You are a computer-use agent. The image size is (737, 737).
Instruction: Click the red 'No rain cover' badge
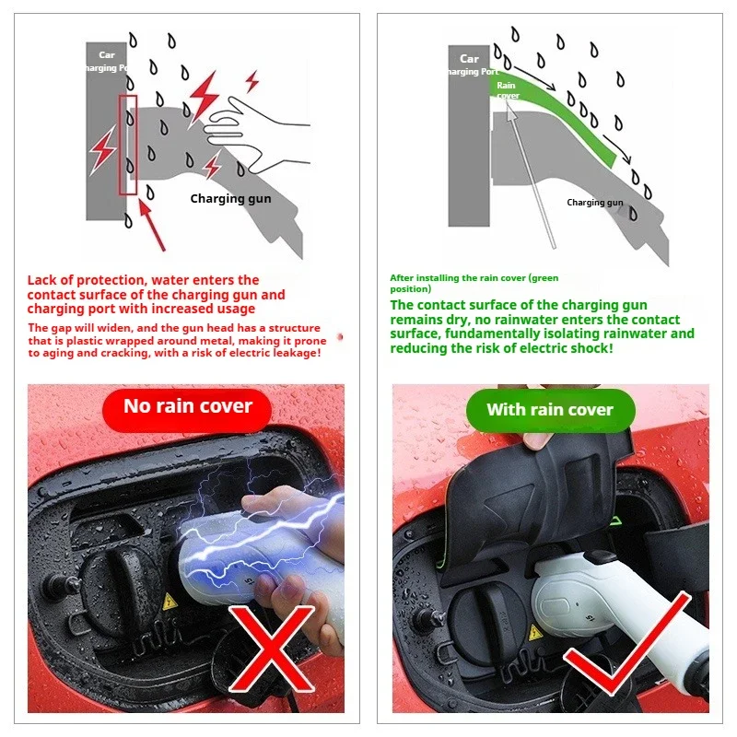click(187, 407)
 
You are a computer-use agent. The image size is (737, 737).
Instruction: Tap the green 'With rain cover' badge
click(550, 410)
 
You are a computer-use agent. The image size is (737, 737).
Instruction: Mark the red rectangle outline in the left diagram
click(127, 144)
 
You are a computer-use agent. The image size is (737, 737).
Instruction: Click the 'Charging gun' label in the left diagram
click(230, 198)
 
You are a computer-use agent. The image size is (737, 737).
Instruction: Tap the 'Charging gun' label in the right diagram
click(594, 203)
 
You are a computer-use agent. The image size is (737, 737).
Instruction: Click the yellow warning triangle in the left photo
click(170, 602)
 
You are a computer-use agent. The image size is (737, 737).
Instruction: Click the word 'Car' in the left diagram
click(107, 55)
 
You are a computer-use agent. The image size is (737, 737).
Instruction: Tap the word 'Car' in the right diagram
click(469, 58)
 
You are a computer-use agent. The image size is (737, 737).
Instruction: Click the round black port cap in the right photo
click(477, 622)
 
